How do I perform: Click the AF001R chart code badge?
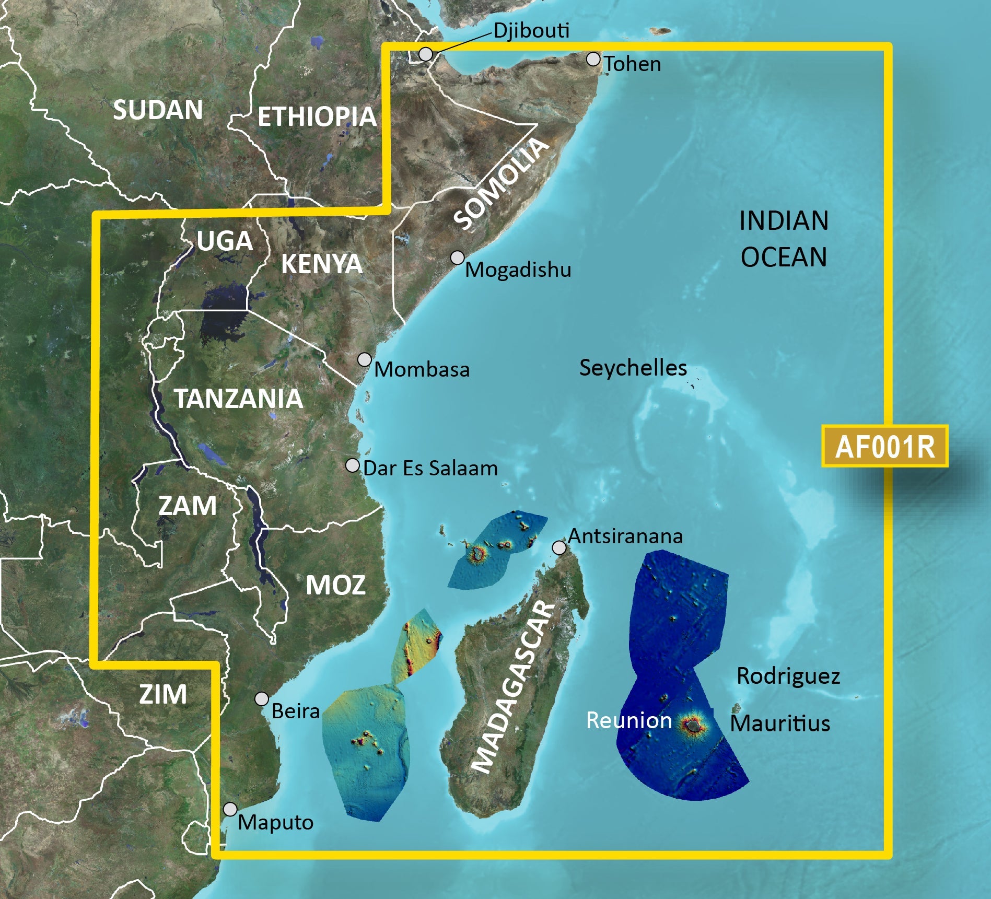pyautogui.click(x=884, y=447)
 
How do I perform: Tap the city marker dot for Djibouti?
pyautogui.click(x=426, y=54)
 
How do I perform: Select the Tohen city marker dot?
pyautogui.click(x=593, y=59)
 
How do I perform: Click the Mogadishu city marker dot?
pyautogui.click(x=458, y=258)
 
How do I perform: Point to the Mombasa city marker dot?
pyautogui.click(x=365, y=359)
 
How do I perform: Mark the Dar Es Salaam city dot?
pyautogui.click(x=353, y=465)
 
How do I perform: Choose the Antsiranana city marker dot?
pyautogui.click(x=559, y=547)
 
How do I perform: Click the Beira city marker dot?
pyautogui.click(x=262, y=699)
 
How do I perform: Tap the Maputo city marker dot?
pyautogui.click(x=230, y=809)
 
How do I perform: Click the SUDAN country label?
pyautogui.click(x=158, y=110)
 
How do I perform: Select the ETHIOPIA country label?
pyautogui.click(x=317, y=116)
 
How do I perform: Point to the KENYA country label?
pyautogui.click(x=321, y=264)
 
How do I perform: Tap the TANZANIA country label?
pyautogui.click(x=238, y=399)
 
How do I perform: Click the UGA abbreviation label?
pyautogui.click(x=225, y=241)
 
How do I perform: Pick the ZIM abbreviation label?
pyautogui.click(x=163, y=694)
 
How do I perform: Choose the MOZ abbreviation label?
pyautogui.click(x=335, y=585)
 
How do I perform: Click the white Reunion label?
pyautogui.click(x=629, y=720)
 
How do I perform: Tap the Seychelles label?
pyautogui.click(x=633, y=368)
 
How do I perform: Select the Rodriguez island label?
pyautogui.click(x=788, y=676)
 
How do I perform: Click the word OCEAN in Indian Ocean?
pyautogui.click(x=784, y=257)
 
